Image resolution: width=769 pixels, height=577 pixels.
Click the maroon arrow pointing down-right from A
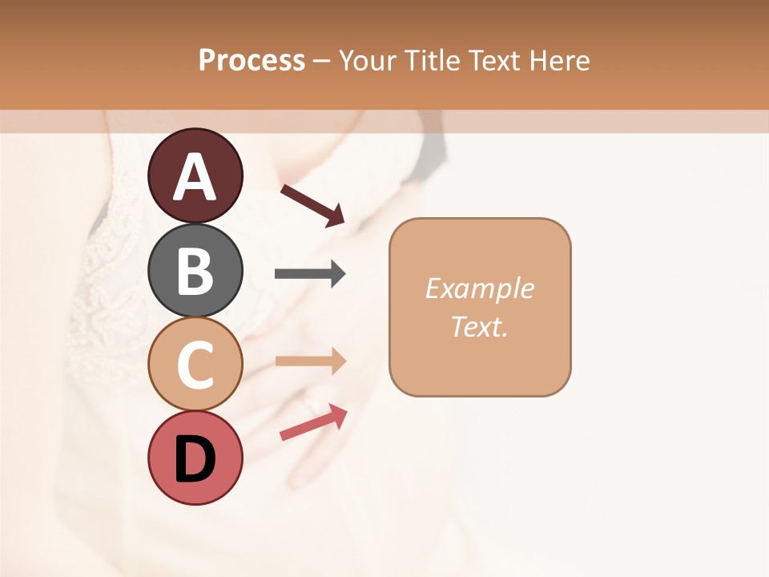312,204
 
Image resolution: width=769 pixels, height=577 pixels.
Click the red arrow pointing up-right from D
313,423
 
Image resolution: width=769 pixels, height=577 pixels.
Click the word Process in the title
252,60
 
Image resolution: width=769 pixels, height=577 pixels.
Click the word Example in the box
479,288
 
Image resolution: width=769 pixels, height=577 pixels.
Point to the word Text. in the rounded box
479,326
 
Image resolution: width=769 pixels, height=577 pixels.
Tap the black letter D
195,460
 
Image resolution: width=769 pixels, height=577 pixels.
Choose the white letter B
195,271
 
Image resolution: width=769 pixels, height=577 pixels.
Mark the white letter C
195,365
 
